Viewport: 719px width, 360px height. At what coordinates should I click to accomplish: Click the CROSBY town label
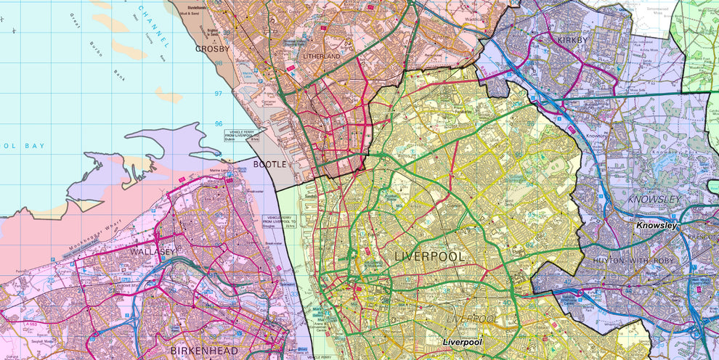point(212,49)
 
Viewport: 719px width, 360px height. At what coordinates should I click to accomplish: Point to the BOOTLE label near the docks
point(271,165)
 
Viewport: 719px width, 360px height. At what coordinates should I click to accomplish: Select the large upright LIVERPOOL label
point(429,257)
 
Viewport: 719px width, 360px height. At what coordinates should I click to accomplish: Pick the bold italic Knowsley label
point(657,226)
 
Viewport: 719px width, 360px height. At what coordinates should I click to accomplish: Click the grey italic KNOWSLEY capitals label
point(654,199)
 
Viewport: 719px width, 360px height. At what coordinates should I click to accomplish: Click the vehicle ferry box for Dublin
point(239,136)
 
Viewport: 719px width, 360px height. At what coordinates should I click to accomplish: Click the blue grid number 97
point(218,94)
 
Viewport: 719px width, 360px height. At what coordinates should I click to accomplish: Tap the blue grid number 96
point(218,123)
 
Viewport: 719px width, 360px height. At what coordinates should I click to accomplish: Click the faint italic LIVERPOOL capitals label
point(470,319)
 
